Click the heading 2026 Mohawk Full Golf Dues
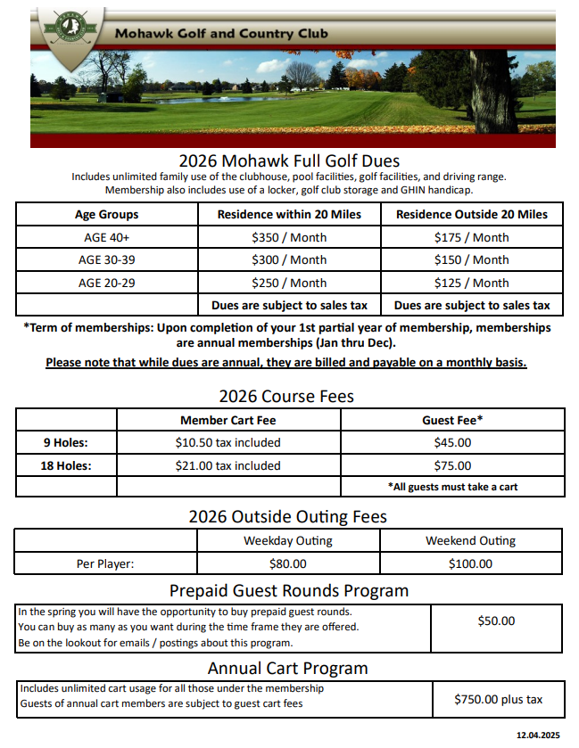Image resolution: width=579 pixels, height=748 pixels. click(x=288, y=161)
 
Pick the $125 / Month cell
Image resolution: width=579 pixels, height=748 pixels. click(x=471, y=283)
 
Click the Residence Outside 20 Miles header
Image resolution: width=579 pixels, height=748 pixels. click(x=471, y=214)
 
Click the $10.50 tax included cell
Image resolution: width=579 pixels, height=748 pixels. click(x=227, y=442)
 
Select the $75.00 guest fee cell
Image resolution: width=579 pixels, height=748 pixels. click(x=452, y=465)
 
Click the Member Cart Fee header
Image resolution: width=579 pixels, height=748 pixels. click(x=227, y=419)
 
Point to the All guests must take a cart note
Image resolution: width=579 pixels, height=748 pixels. click(x=452, y=487)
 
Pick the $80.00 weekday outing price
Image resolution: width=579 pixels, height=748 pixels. click(x=287, y=563)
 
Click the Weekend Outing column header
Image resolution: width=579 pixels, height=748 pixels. click(x=470, y=540)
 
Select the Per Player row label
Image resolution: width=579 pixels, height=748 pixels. click(x=104, y=563)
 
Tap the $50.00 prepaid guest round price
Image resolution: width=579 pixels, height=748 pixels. click(x=496, y=621)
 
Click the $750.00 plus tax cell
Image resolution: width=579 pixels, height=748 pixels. click(x=497, y=699)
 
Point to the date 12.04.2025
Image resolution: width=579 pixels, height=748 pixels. click(x=537, y=736)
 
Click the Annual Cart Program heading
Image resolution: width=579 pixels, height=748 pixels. click(x=287, y=668)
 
